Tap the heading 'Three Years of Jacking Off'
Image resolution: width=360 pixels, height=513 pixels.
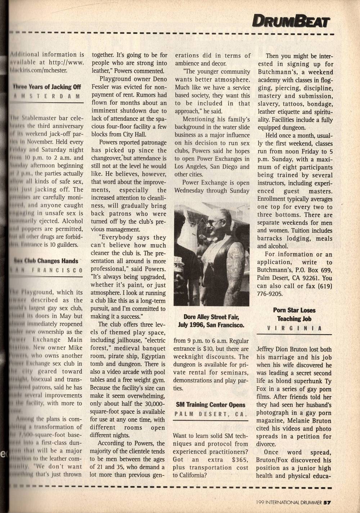click(47, 87)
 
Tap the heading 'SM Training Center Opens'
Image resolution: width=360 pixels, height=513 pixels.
click(211, 405)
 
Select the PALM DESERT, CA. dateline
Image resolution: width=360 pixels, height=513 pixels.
click(211, 414)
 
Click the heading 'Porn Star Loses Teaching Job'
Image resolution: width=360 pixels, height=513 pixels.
click(294, 314)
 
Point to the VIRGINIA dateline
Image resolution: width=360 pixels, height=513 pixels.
click(294, 328)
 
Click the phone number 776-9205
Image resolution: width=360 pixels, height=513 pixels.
click(270, 294)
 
